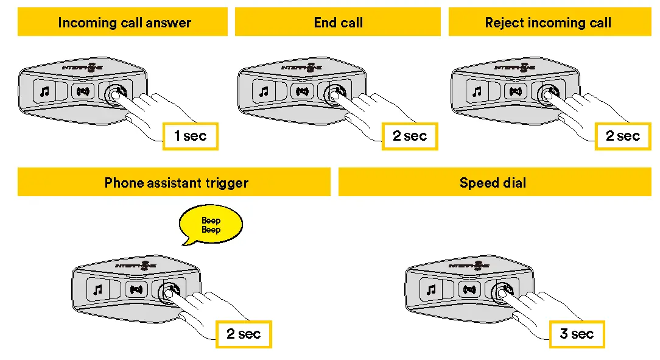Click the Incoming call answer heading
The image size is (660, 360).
click(124, 23)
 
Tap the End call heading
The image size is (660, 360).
click(338, 23)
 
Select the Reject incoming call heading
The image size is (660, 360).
click(547, 23)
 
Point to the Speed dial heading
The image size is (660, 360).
click(493, 183)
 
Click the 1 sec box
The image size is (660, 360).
click(190, 136)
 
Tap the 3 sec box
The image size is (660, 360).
click(576, 334)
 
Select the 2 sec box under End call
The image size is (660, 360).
click(409, 136)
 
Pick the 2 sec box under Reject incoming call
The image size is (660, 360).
click(622, 136)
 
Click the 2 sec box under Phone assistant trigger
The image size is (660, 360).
click(243, 334)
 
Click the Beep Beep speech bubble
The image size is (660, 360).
click(211, 225)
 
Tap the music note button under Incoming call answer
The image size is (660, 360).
click(44, 92)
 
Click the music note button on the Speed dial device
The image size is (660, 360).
click(431, 290)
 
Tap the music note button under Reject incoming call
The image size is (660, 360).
click(477, 92)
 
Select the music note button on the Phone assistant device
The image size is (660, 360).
click(97, 290)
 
